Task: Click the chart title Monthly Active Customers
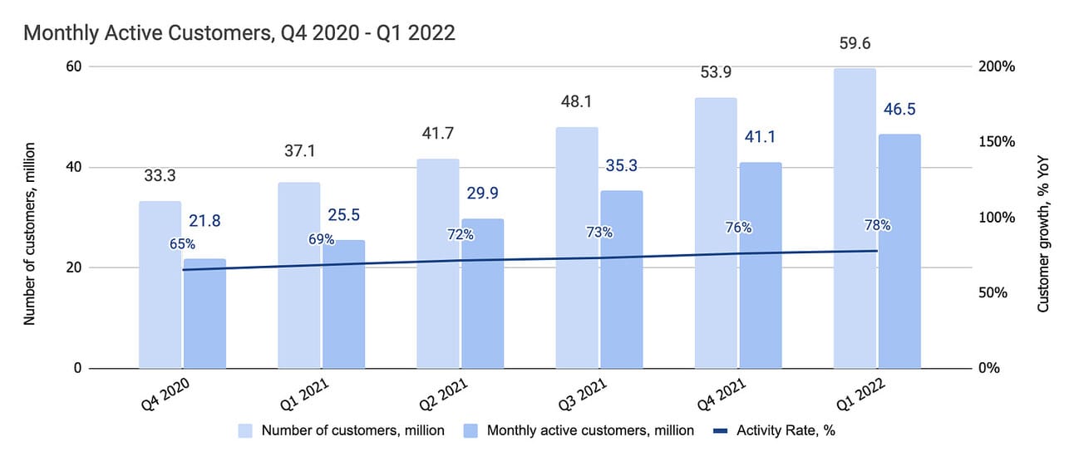[x=239, y=33]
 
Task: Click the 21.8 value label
[x=204, y=221]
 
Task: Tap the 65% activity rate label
[x=182, y=244]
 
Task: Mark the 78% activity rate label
[x=877, y=225]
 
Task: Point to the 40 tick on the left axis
[x=74, y=167]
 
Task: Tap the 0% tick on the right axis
[x=988, y=369]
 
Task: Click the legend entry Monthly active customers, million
[x=590, y=430]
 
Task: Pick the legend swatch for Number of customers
[x=246, y=430]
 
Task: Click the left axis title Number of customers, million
[x=30, y=218]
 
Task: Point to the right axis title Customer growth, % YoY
[x=1044, y=218]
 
